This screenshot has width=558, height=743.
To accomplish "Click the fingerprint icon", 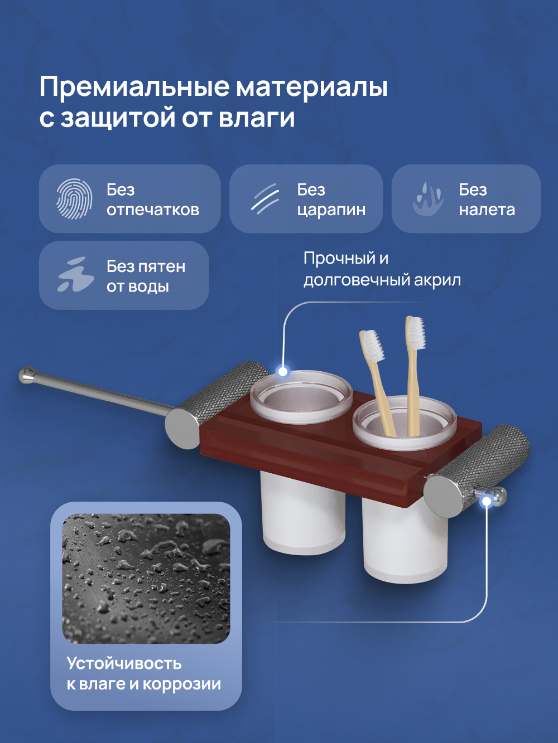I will pos(74,199).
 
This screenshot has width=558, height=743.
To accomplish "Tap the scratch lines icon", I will pos(264,198).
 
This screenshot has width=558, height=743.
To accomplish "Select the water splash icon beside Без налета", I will pos(428,199).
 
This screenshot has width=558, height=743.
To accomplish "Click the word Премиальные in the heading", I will pos(134,87).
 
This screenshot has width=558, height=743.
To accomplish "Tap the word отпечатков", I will pos(153,210).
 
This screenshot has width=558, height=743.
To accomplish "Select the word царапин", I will pos(331,210).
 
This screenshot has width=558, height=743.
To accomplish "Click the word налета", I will pos(487,210).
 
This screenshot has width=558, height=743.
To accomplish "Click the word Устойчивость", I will pos(124,663).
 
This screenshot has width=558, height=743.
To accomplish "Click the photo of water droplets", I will pos(146,579).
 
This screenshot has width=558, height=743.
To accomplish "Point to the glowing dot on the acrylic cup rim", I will pos(283,371).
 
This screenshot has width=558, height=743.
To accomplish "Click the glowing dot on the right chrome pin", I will pos(487,502).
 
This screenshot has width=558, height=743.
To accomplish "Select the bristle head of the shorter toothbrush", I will pos(373,346).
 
